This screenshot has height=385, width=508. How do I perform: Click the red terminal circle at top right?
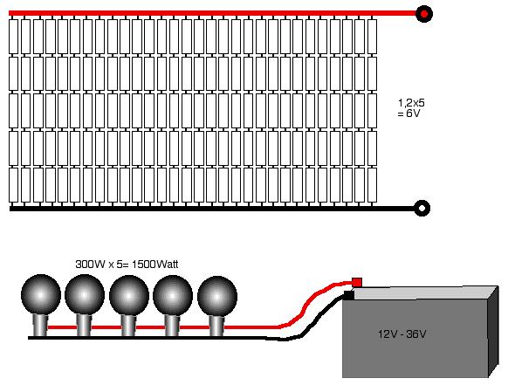(x=423, y=14)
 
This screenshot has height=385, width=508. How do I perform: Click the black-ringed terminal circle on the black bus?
(x=422, y=208)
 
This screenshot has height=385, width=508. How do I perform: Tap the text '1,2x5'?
(x=411, y=103)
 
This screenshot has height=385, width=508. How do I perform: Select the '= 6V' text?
(x=408, y=113)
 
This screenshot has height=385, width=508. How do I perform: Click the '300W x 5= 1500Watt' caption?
(x=127, y=265)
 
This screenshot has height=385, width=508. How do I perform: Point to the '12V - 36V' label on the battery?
(x=402, y=333)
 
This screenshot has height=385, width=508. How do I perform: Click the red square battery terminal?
(x=357, y=283)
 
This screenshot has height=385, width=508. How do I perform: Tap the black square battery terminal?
(x=348, y=295)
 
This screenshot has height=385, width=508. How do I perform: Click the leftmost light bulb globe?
(x=41, y=295)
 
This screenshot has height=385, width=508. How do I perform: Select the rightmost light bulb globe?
(x=217, y=296)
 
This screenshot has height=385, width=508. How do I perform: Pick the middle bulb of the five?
(x=129, y=296)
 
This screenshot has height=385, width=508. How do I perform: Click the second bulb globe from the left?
(x=85, y=295)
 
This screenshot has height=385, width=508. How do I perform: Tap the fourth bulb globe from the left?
(x=173, y=296)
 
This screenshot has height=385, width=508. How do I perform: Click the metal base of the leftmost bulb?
(x=41, y=326)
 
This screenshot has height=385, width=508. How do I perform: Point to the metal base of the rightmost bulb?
(x=216, y=326)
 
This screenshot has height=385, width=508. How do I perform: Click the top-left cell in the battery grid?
(x=13, y=37)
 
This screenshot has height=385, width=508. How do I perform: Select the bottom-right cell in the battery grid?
(x=372, y=185)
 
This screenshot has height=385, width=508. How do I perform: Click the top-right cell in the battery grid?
(x=372, y=37)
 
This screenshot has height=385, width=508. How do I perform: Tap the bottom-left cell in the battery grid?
(x=13, y=185)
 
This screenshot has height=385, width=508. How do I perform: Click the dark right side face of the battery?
(x=493, y=331)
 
